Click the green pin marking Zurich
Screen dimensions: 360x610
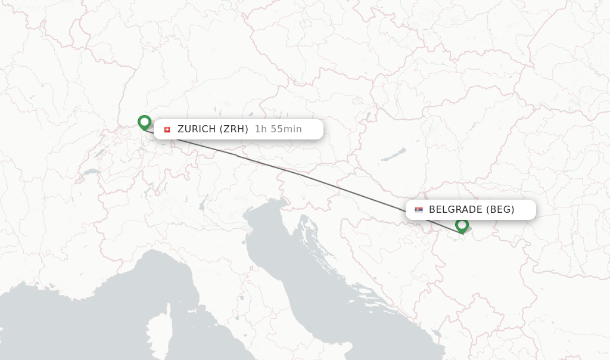(x=144, y=122)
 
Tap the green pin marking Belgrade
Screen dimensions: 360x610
(x=462, y=225)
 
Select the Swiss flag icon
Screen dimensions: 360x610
(x=167, y=129)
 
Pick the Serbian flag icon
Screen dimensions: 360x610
(x=419, y=210)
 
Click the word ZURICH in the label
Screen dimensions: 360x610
(x=197, y=129)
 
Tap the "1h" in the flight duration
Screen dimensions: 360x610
(x=260, y=129)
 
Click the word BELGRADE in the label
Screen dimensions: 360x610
(x=456, y=210)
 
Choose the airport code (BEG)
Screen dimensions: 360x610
(x=500, y=210)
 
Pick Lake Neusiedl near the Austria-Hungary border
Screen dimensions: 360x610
(x=368, y=115)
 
